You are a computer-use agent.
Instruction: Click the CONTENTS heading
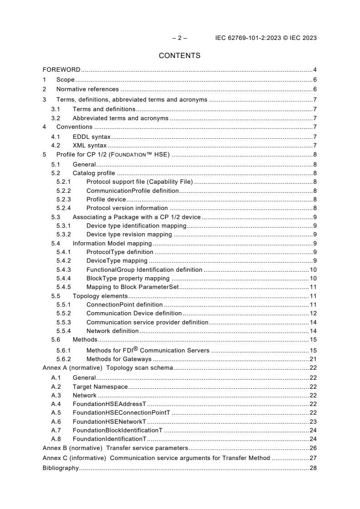pyautogui.click(x=179, y=56)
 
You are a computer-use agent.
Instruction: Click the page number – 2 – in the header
pyautogui.click(x=179, y=38)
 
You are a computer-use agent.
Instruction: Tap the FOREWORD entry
pyautogui.click(x=61, y=70)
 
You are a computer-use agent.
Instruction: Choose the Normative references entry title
pyautogui.click(x=87, y=89)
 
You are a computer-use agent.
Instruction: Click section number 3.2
pyautogui.click(x=56, y=118)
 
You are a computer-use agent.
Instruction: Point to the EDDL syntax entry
pyautogui.click(x=91, y=137)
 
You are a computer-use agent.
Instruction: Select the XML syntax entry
pyautogui.click(x=89, y=146)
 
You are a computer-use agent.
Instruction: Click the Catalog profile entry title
pyautogui.click(x=94, y=173)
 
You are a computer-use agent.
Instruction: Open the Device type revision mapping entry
pyautogui.click(x=129, y=235)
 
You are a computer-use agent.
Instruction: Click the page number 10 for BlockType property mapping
pyautogui.click(x=313, y=278)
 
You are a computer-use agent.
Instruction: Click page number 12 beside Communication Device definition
pyautogui.click(x=313, y=313)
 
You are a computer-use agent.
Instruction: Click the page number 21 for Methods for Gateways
pyautogui.click(x=313, y=359)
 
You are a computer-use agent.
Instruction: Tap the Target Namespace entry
pyautogui.click(x=100, y=387)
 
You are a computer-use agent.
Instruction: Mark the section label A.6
pyautogui.click(x=56, y=421)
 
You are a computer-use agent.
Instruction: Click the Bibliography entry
pyautogui.click(x=60, y=468)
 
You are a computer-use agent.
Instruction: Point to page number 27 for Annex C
pyautogui.click(x=313, y=458)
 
